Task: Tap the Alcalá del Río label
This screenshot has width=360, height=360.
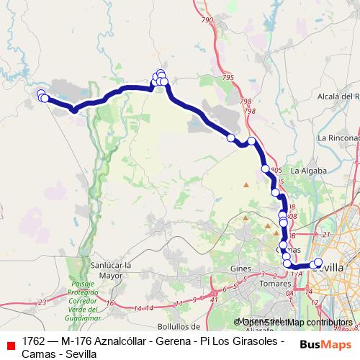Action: (338, 96)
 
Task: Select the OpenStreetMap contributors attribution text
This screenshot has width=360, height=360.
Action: (293, 322)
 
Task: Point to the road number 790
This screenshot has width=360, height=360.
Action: (208, 21)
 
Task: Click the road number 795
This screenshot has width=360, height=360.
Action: (228, 77)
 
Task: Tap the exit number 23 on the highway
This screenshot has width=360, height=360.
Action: (42, 302)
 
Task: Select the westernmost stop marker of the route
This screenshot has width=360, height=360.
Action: (41, 94)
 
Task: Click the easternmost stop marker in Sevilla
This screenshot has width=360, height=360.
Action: (318, 262)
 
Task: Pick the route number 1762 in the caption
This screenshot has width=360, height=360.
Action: (36, 341)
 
